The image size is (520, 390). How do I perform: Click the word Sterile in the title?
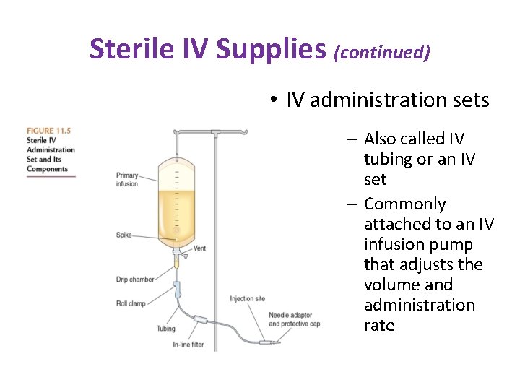(131, 48)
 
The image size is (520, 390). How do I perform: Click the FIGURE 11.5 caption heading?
(48, 131)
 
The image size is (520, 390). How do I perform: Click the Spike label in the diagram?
(123, 234)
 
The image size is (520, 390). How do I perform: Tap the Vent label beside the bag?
(200, 248)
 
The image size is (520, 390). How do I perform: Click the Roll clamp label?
(130, 303)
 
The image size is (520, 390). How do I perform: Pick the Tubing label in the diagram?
(165, 329)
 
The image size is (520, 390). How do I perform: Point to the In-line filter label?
(188, 344)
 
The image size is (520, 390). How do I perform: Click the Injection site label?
(247, 298)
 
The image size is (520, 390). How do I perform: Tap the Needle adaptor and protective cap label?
(292, 319)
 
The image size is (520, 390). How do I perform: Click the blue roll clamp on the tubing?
(178, 292)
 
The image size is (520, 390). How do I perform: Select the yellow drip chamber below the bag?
(175, 264)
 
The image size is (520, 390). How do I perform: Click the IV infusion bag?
(176, 199)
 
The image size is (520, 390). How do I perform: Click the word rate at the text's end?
(379, 325)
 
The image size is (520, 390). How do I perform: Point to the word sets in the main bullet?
(469, 100)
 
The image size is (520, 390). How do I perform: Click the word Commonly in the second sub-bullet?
(404, 204)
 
